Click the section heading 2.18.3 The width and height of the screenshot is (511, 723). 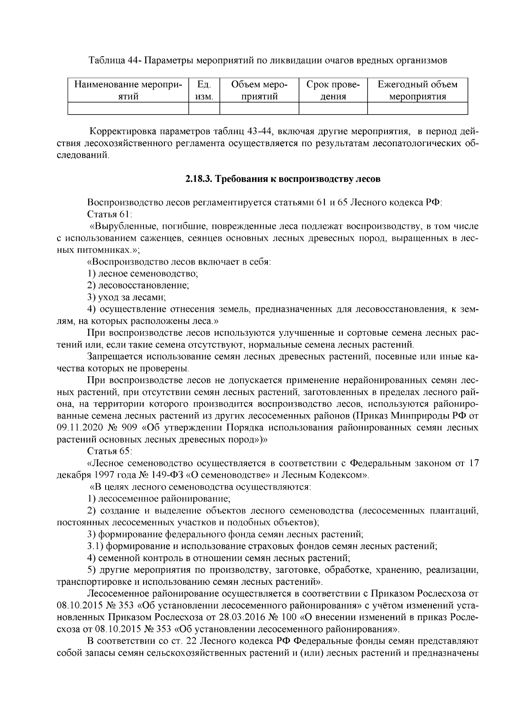pos(282,179)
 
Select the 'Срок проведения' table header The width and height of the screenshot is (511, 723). pos(333,90)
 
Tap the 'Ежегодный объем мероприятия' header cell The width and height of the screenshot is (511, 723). pos(417,90)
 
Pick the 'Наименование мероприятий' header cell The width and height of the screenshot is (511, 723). pos(128,90)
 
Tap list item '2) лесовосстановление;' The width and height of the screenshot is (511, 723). pos(138,285)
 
